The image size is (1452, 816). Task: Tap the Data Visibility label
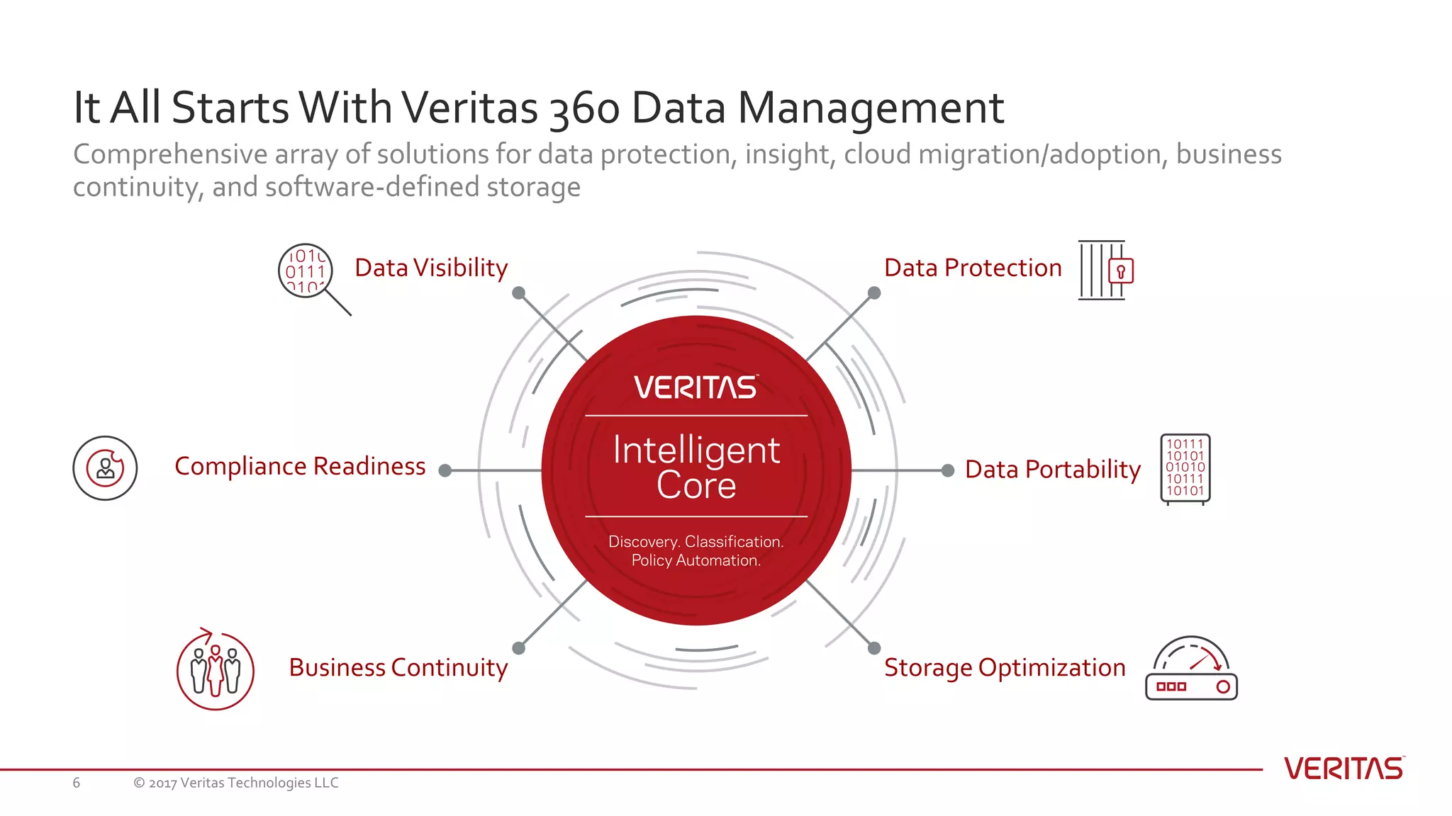click(x=431, y=268)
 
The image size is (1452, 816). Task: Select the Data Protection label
click(x=973, y=268)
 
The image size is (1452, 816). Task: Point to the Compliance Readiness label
click(x=300, y=466)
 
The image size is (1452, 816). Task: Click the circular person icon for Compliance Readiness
click(x=105, y=468)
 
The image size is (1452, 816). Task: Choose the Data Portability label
click(x=1053, y=469)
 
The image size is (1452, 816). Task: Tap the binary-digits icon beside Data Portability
click(x=1185, y=468)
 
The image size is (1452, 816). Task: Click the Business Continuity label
click(x=398, y=667)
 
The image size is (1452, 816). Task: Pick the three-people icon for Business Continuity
click(x=216, y=670)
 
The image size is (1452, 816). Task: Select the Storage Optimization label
click(x=1005, y=667)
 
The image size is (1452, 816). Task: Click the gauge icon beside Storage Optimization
click(x=1191, y=670)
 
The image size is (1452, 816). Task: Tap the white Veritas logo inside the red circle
click(x=696, y=387)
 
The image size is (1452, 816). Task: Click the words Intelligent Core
click(x=696, y=467)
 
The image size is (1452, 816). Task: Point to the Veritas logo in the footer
click(x=1344, y=769)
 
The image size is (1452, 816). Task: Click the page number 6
click(x=77, y=783)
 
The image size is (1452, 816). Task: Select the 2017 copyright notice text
click(x=236, y=783)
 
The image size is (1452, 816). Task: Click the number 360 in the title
click(x=585, y=108)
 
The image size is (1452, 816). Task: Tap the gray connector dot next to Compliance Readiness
click(x=445, y=470)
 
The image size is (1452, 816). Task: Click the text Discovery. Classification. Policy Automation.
click(x=696, y=551)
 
